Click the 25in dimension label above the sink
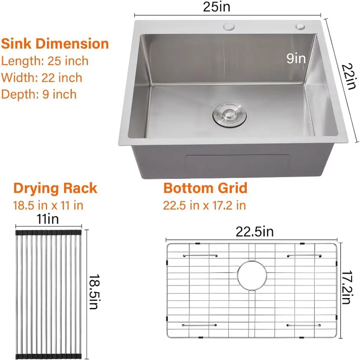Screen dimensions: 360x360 pos(217,7)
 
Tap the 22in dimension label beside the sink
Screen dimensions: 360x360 pos(349,76)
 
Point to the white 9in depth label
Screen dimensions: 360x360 pos(296,58)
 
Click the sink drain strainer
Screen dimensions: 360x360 pos(230,114)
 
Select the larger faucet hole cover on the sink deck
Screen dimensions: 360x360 pos(229,27)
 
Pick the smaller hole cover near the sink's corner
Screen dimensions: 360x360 pos(300,26)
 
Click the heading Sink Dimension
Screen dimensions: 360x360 pos(55,44)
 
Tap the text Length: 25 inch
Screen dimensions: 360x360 pos(45,61)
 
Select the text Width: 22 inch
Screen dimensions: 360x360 pos(41,78)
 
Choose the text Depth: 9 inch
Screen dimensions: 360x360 pos(39,94)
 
